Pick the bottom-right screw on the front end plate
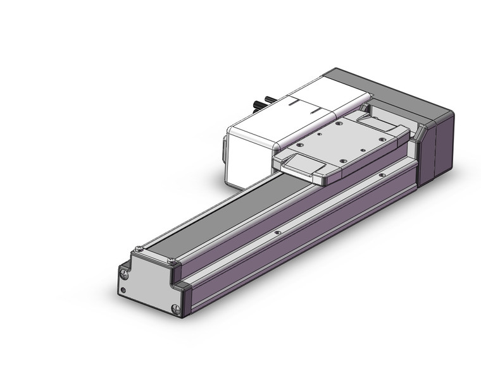[175, 309]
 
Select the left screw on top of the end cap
[139, 246]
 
